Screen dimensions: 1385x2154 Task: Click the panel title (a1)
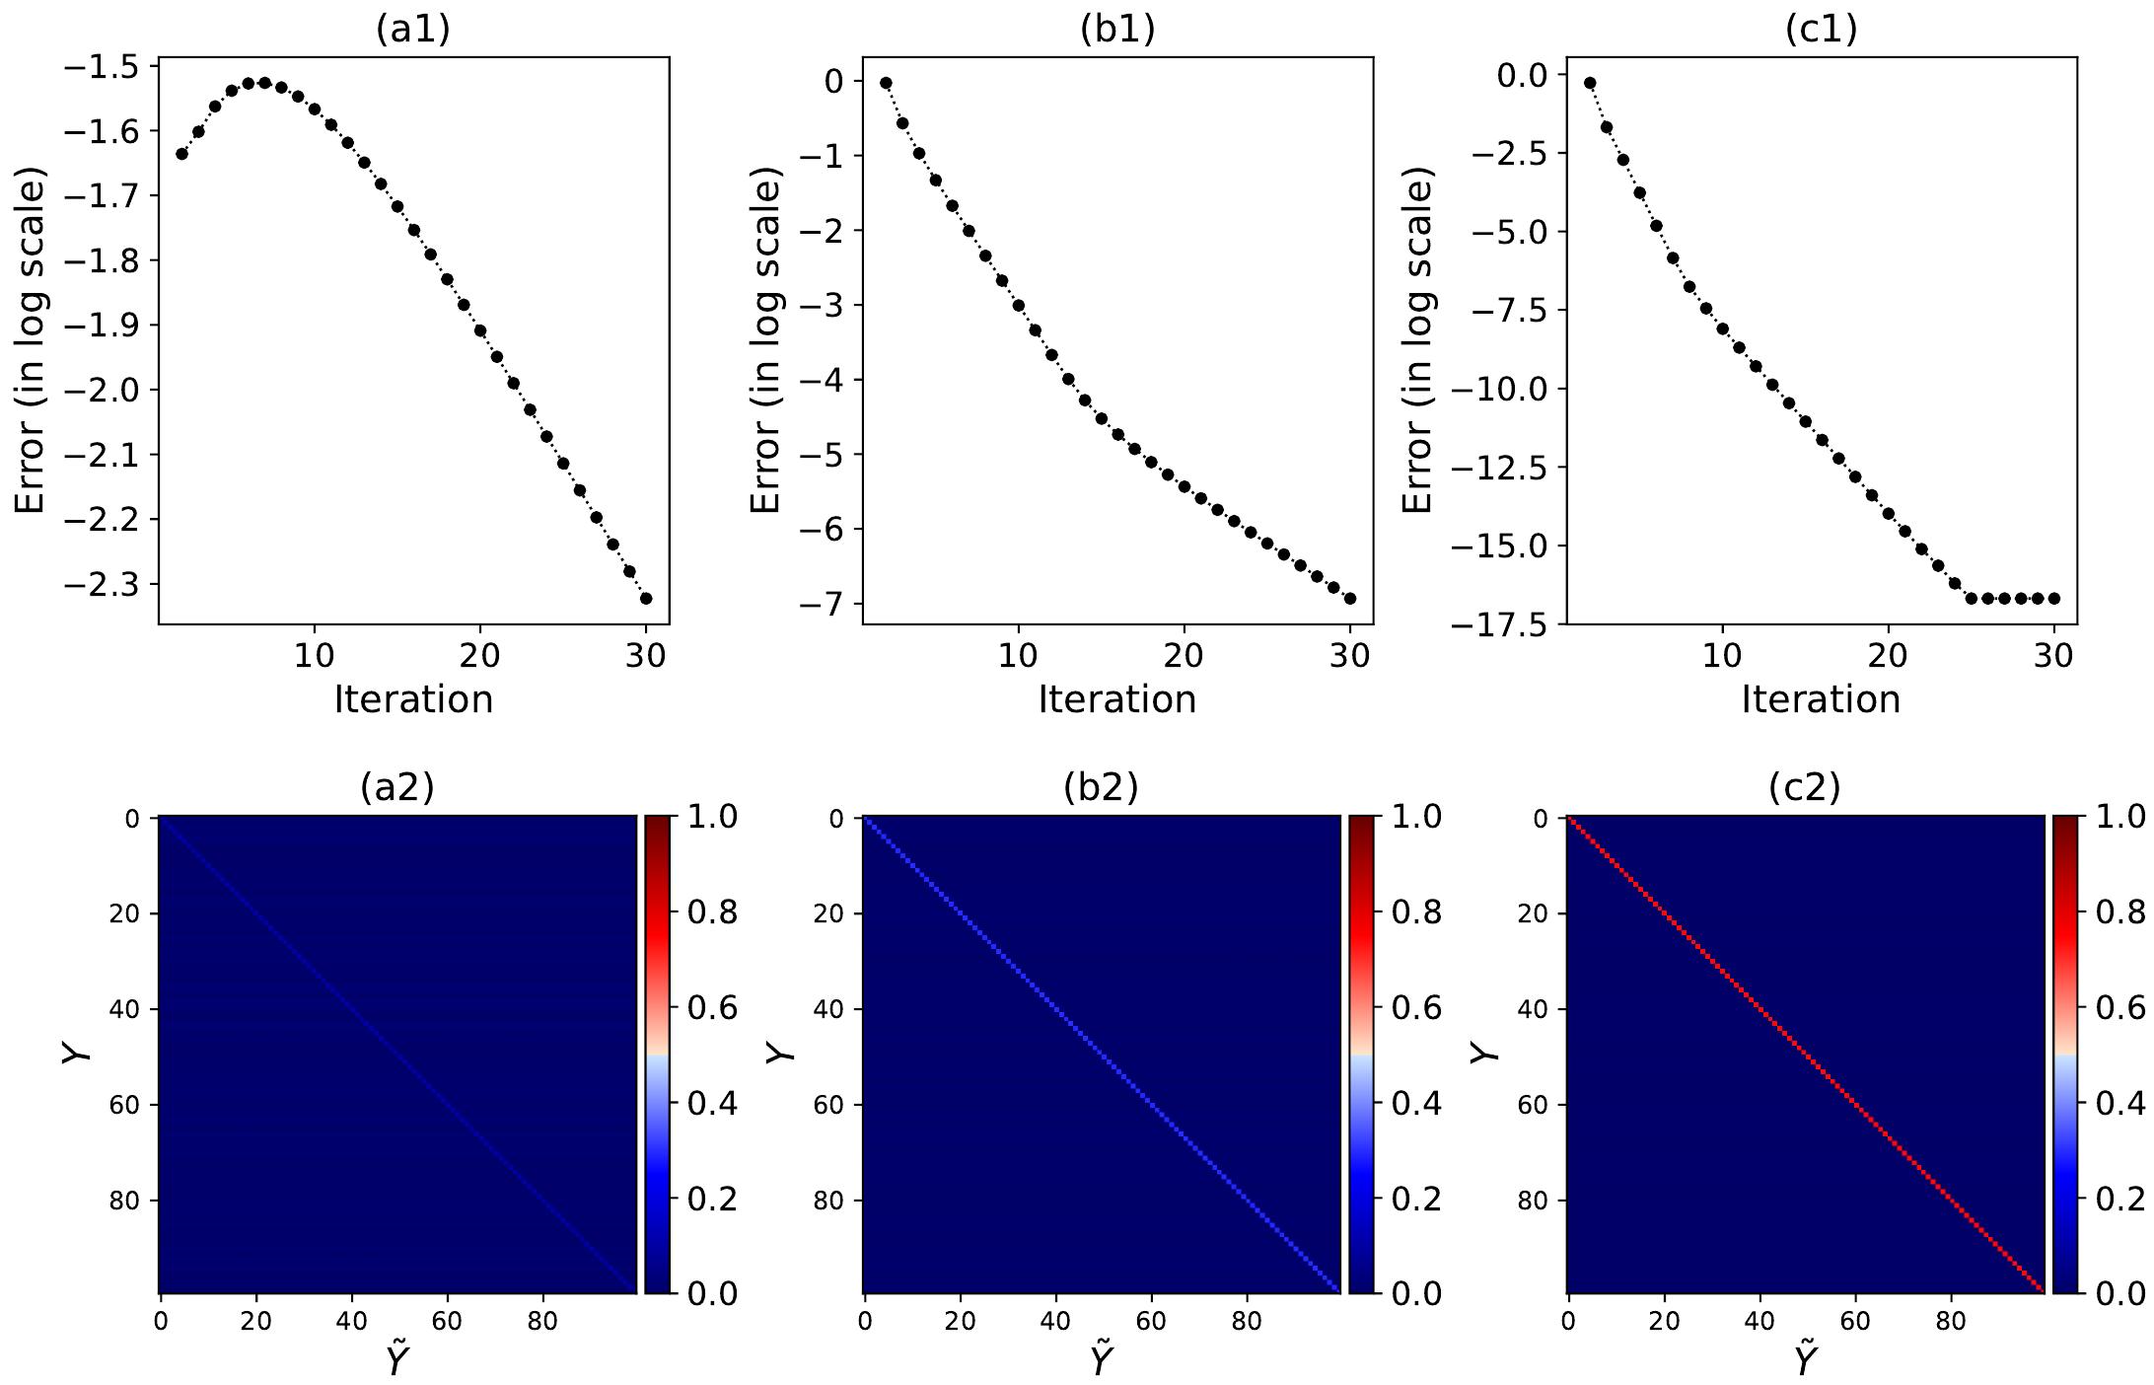point(412,30)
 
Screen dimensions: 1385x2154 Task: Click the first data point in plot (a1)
point(181,154)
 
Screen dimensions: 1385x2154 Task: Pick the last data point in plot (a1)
point(646,598)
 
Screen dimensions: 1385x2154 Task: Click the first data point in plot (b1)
point(886,83)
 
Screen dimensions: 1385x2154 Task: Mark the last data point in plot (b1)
point(1350,598)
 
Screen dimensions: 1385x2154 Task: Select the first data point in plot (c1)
point(1590,83)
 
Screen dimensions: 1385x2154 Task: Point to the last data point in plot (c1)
point(2054,598)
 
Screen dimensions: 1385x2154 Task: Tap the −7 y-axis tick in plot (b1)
point(823,604)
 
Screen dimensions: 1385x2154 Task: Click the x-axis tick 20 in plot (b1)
point(1184,656)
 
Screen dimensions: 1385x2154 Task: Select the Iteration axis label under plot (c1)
point(1821,699)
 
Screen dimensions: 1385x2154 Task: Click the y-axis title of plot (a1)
point(32,340)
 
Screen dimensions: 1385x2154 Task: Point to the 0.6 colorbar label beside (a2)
point(712,1008)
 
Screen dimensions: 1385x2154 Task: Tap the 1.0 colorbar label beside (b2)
point(1416,817)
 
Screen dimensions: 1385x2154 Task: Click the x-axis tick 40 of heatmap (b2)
point(1055,1321)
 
